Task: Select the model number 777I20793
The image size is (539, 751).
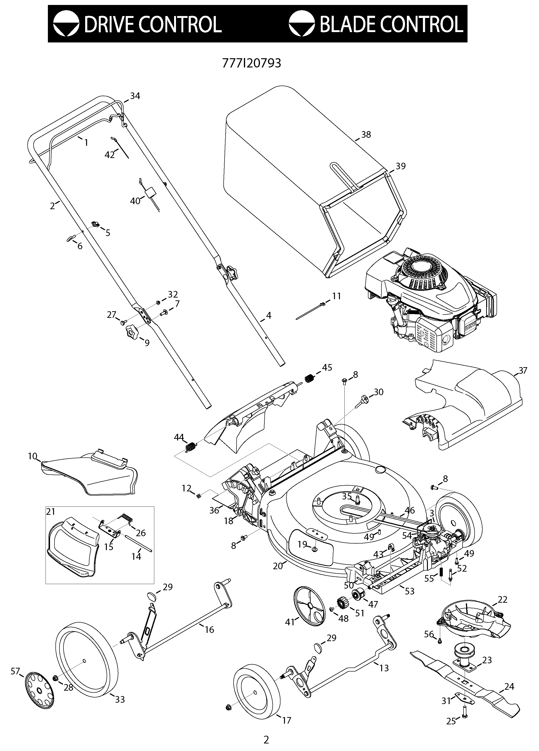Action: (x=251, y=63)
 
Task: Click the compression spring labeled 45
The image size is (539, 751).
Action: (x=309, y=378)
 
